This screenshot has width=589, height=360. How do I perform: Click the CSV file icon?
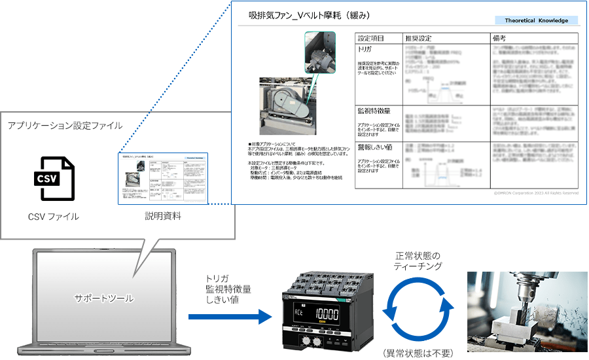[x=53, y=179]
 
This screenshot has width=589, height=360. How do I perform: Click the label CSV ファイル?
[x=53, y=217]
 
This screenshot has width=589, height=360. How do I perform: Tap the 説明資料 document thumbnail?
[x=162, y=178]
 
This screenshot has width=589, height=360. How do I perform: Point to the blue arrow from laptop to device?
[x=229, y=317]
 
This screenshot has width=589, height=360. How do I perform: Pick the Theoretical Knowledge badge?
[x=536, y=20]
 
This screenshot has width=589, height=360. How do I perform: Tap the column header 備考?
[x=500, y=39]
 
